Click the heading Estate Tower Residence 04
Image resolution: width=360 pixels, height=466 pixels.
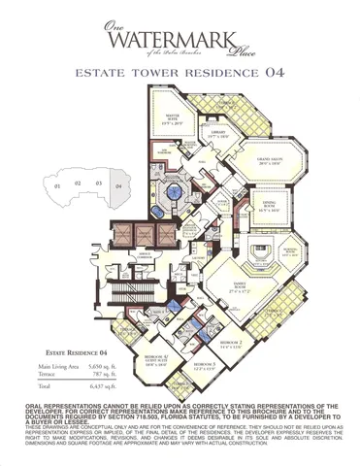180,74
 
